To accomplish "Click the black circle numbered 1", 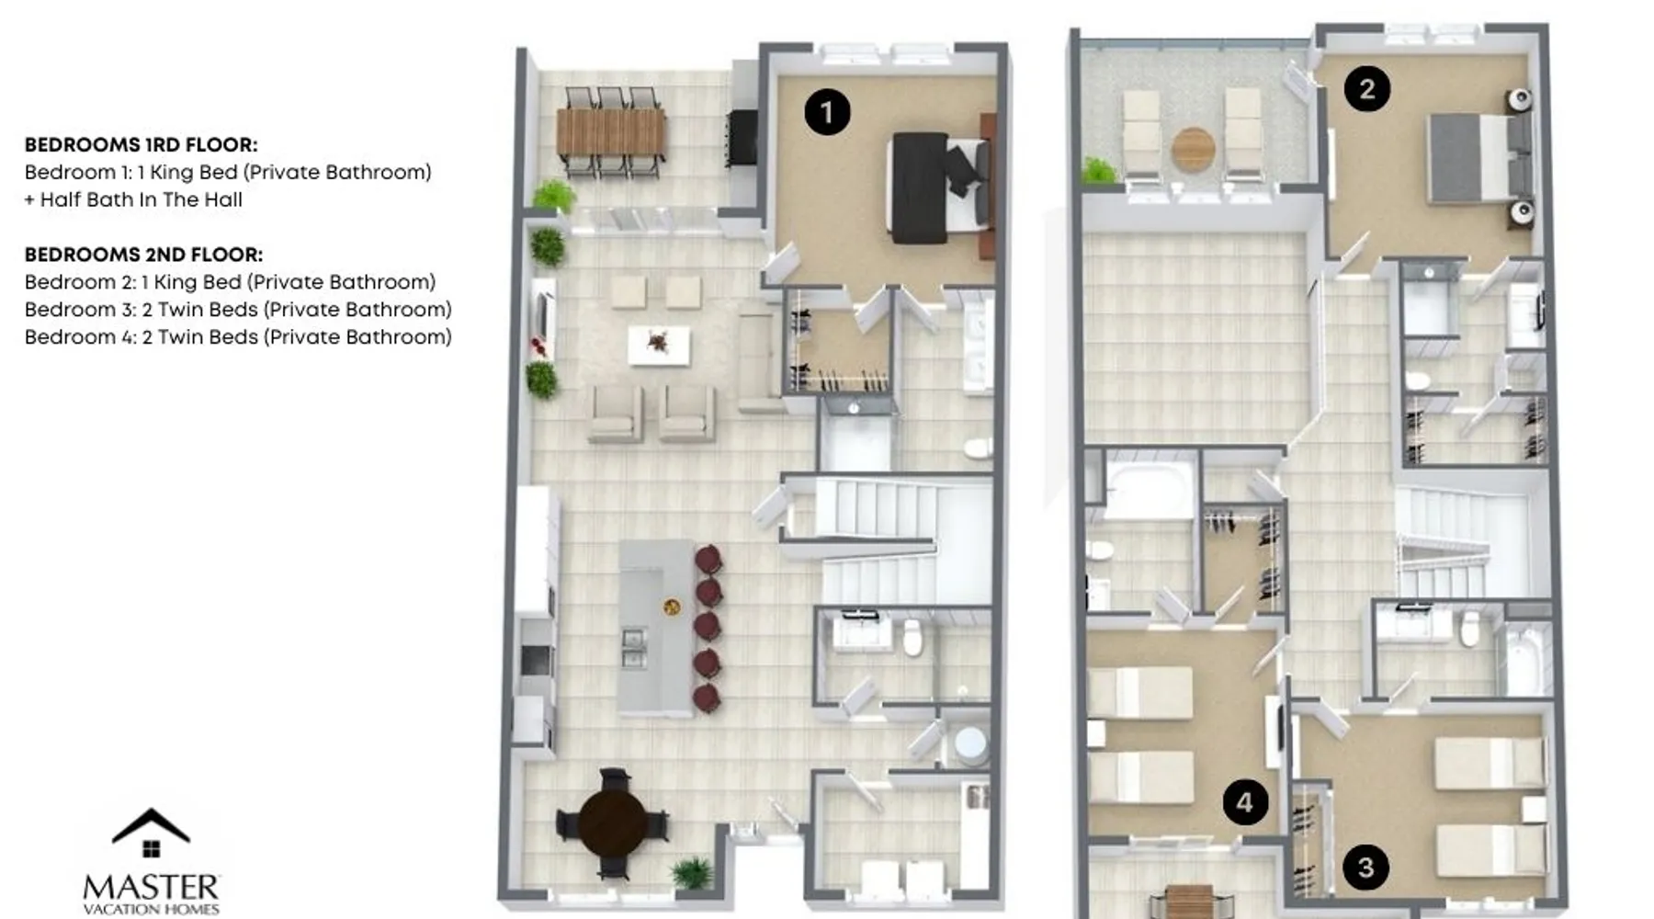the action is tap(827, 112).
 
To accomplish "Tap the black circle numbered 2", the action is tap(1366, 89).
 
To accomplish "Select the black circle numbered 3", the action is tap(1365, 868).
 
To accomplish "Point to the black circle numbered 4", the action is tap(1245, 802).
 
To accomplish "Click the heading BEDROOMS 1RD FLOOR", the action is tap(141, 145).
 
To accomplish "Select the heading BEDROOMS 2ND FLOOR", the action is tap(143, 255).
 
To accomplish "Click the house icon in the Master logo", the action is tap(151, 833).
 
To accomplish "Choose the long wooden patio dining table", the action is tap(610, 132).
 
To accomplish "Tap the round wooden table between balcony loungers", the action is tap(1193, 147).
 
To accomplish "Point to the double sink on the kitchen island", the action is tap(633, 646).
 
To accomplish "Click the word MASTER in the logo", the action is tap(151, 888).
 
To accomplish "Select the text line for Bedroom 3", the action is tap(238, 310).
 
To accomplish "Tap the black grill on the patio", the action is tap(742, 139).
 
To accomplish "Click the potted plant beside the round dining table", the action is tap(692, 873).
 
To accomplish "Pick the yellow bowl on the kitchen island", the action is tap(673, 607).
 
